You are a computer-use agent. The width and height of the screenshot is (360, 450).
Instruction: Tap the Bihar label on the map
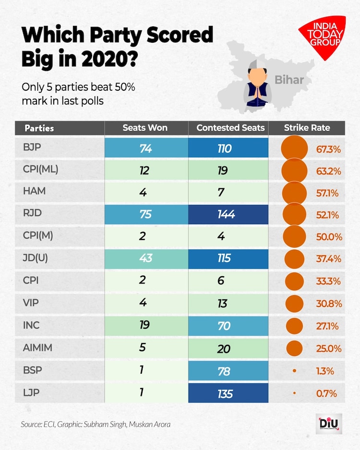pyautogui.click(x=289, y=80)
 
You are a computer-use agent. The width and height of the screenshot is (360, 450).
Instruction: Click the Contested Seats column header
pyautogui.click(x=230, y=128)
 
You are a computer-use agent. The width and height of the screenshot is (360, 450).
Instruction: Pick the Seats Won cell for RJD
pyautogui.click(x=146, y=214)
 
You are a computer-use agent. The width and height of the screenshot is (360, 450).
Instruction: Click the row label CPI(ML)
pyautogui.click(x=40, y=169)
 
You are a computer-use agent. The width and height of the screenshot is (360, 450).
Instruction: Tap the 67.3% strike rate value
pyautogui.click(x=328, y=149)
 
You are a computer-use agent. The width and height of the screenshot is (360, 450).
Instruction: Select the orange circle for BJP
pyautogui.click(x=294, y=149)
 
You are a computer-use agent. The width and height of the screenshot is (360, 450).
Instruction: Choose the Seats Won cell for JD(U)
pyautogui.click(x=146, y=258)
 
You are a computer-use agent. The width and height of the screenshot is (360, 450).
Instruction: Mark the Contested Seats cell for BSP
pyautogui.click(x=225, y=371)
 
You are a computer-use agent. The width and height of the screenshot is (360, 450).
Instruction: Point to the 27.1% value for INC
pyautogui.click(x=328, y=326)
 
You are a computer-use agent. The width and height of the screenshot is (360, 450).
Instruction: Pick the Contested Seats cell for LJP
pyautogui.click(x=225, y=394)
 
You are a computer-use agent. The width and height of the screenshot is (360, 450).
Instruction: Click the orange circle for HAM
pyautogui.click(x=294, y=193)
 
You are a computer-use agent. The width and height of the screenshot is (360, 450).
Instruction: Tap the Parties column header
pyautogui.click(x=39, y=128)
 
